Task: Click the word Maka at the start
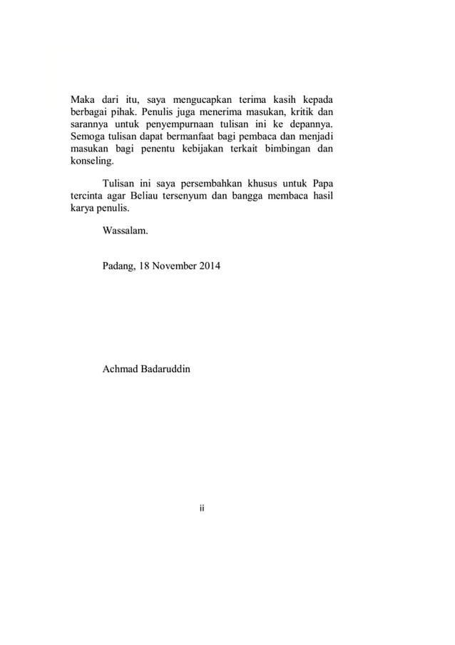(83, 99)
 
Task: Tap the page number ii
(203, 509)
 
